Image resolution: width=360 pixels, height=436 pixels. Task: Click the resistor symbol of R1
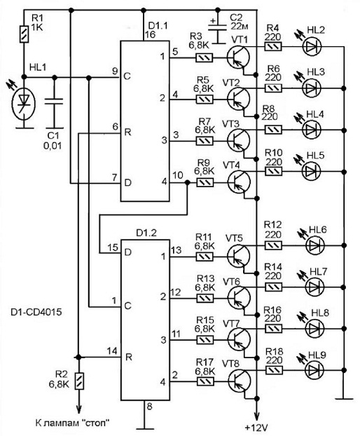click(25, 34)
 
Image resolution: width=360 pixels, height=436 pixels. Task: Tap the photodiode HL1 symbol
click(25, 104)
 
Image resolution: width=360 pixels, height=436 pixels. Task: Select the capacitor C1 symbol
click(55, 102)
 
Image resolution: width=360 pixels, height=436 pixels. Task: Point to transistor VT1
click(237, 57)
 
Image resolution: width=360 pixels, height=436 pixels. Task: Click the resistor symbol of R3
click(205, 58)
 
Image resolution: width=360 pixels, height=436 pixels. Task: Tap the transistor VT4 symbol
click(239, 182)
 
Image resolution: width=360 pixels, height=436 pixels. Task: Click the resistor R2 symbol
click(79, 381)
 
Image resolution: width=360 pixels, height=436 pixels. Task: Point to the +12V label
click(256, 428)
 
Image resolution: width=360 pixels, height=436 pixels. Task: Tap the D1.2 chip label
click(146, 233)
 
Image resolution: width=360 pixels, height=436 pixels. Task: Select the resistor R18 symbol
click(275, 370)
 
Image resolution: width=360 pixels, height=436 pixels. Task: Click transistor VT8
click(239, 381)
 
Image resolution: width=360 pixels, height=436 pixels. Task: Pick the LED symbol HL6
click(315, 245)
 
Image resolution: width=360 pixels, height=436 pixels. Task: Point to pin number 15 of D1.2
click(113, 247)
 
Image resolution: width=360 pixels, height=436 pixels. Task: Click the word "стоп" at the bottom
click(96, 423)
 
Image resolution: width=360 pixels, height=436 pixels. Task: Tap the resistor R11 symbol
click(205, 257)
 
